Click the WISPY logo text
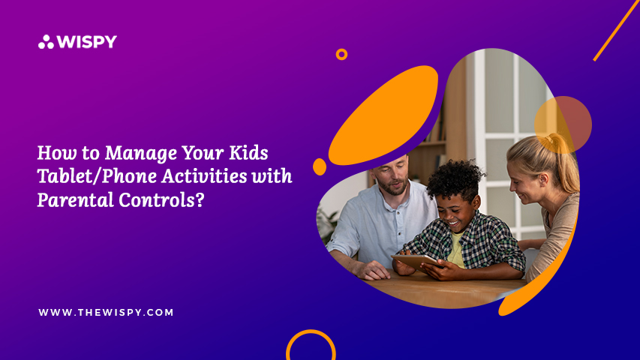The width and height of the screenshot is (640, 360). pos(87,42)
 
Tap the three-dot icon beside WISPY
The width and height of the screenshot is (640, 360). pos(46,42)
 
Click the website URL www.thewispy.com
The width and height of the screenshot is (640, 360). pos(106,312)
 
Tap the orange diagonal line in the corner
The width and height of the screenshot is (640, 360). pos(615,31)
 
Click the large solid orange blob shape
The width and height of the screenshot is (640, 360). pos(383,115)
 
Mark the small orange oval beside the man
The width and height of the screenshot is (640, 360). pos(320,167)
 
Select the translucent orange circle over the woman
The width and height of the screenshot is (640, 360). pos(563,125)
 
